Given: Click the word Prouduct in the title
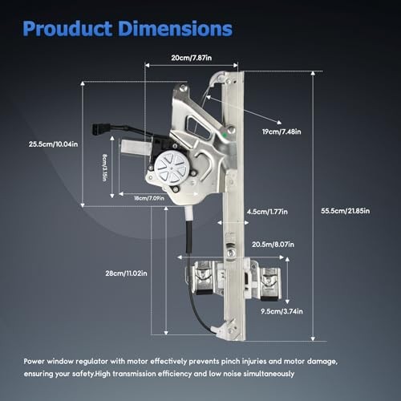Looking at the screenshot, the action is coord(67,29).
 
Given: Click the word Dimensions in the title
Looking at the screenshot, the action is coord(176,28).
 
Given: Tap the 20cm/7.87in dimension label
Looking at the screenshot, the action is coord(192,58).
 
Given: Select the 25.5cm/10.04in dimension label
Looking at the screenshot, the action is coord(54,144).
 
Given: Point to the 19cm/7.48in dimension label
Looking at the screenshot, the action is coord(282,132).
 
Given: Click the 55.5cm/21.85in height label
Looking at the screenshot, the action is coord(346,211).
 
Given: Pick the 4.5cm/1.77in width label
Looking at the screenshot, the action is coord(267,212).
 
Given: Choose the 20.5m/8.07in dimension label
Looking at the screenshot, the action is coord(273,245).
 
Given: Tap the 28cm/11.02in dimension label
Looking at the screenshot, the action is coord(126,273).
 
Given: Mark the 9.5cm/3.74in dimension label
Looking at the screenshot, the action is coord(282,311).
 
